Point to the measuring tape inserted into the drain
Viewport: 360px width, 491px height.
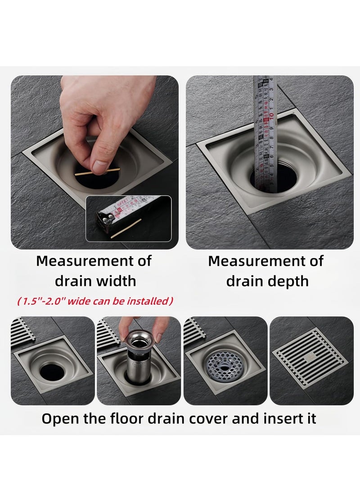pos(264,131)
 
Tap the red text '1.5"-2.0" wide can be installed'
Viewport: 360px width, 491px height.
pos(95,301)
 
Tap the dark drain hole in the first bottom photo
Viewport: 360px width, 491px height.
pos(52,372)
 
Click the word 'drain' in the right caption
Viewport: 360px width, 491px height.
pos(247,281)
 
